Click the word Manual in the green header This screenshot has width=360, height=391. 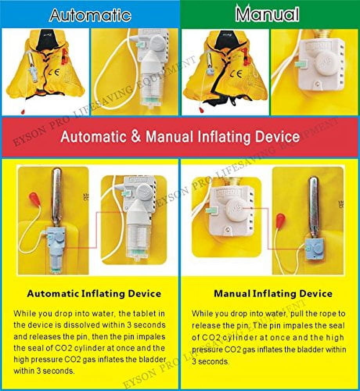pos(268,15)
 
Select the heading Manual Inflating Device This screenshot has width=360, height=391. pos(273,293)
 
